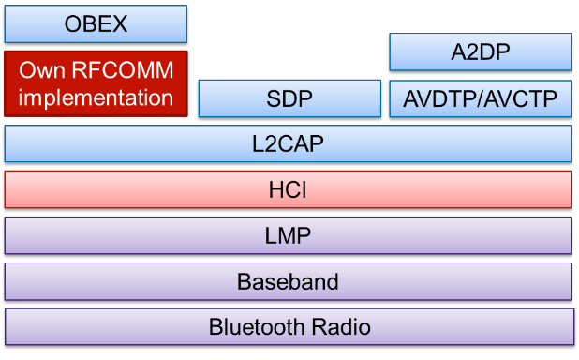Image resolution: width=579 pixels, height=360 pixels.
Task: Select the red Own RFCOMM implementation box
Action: (x=96, y=83)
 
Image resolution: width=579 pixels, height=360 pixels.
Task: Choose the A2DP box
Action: (x=480, y=52)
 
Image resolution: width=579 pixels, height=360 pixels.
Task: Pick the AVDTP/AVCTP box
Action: (x=480, y=98)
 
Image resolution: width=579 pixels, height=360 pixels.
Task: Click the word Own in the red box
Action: (x=40, y=70)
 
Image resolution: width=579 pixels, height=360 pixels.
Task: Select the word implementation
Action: (x=96, y=97)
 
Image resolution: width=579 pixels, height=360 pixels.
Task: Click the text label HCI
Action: (x=289, y=190)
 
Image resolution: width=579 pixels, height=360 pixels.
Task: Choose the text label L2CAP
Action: (x=288, y=144)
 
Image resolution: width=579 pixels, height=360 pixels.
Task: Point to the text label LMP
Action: (x=288, y=236)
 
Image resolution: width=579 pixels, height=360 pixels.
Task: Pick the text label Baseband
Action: (x=288, y=281)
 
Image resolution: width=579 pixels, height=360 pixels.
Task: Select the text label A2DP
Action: (x=480, y=52)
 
